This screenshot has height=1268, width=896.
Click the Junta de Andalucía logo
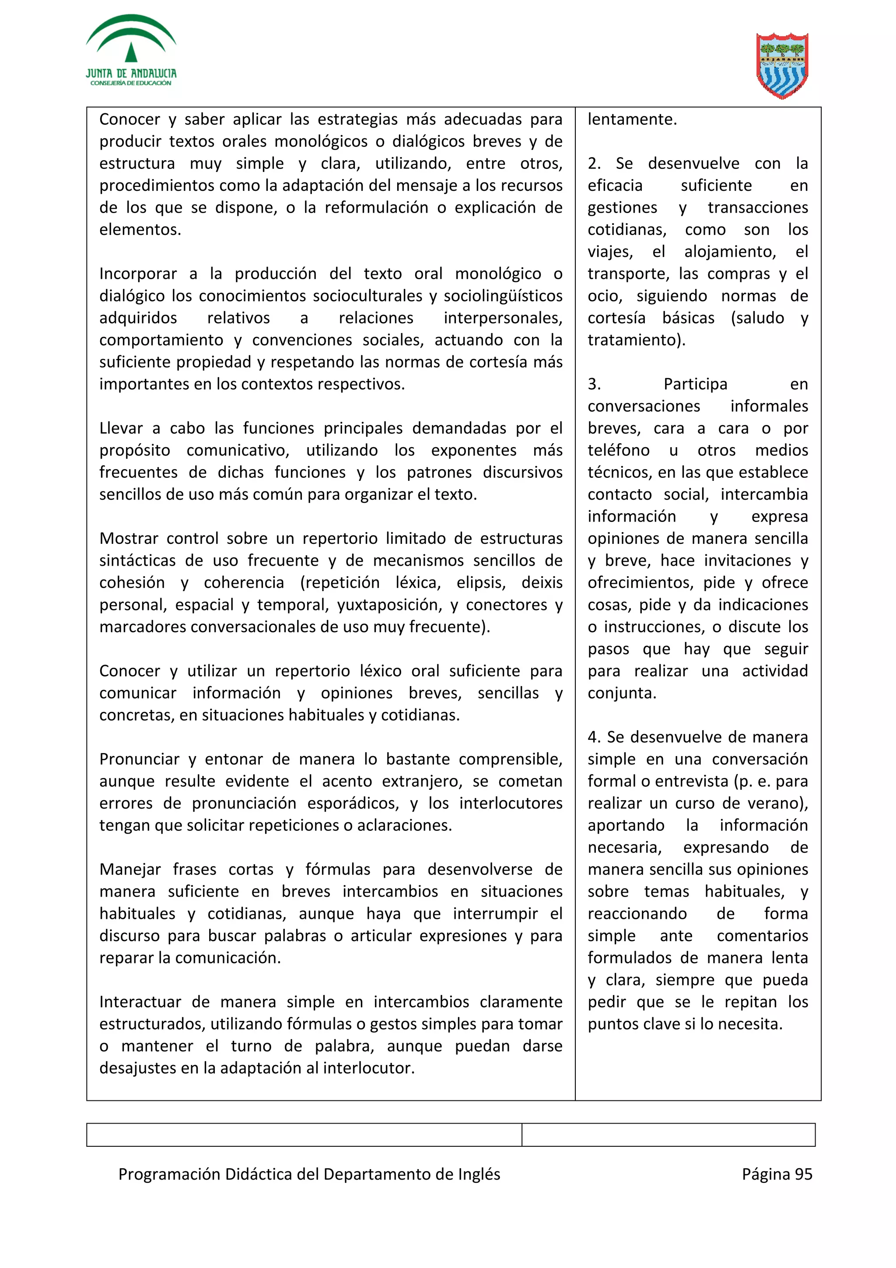(x=131, y=51)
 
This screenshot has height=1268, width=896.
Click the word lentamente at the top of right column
(x=632, y=119)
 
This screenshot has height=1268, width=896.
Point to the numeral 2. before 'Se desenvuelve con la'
(x=594, y=164)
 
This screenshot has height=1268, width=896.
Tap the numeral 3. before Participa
(x=594, y=384)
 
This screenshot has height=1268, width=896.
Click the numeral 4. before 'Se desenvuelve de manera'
(x=594, y=737)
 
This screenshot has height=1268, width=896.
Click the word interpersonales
(x=503, y=318)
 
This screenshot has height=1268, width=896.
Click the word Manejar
(x=130, y=869)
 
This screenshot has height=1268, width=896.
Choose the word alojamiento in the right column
(x=730, y=252)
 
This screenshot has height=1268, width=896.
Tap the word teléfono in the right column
(x=618, y=450)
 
